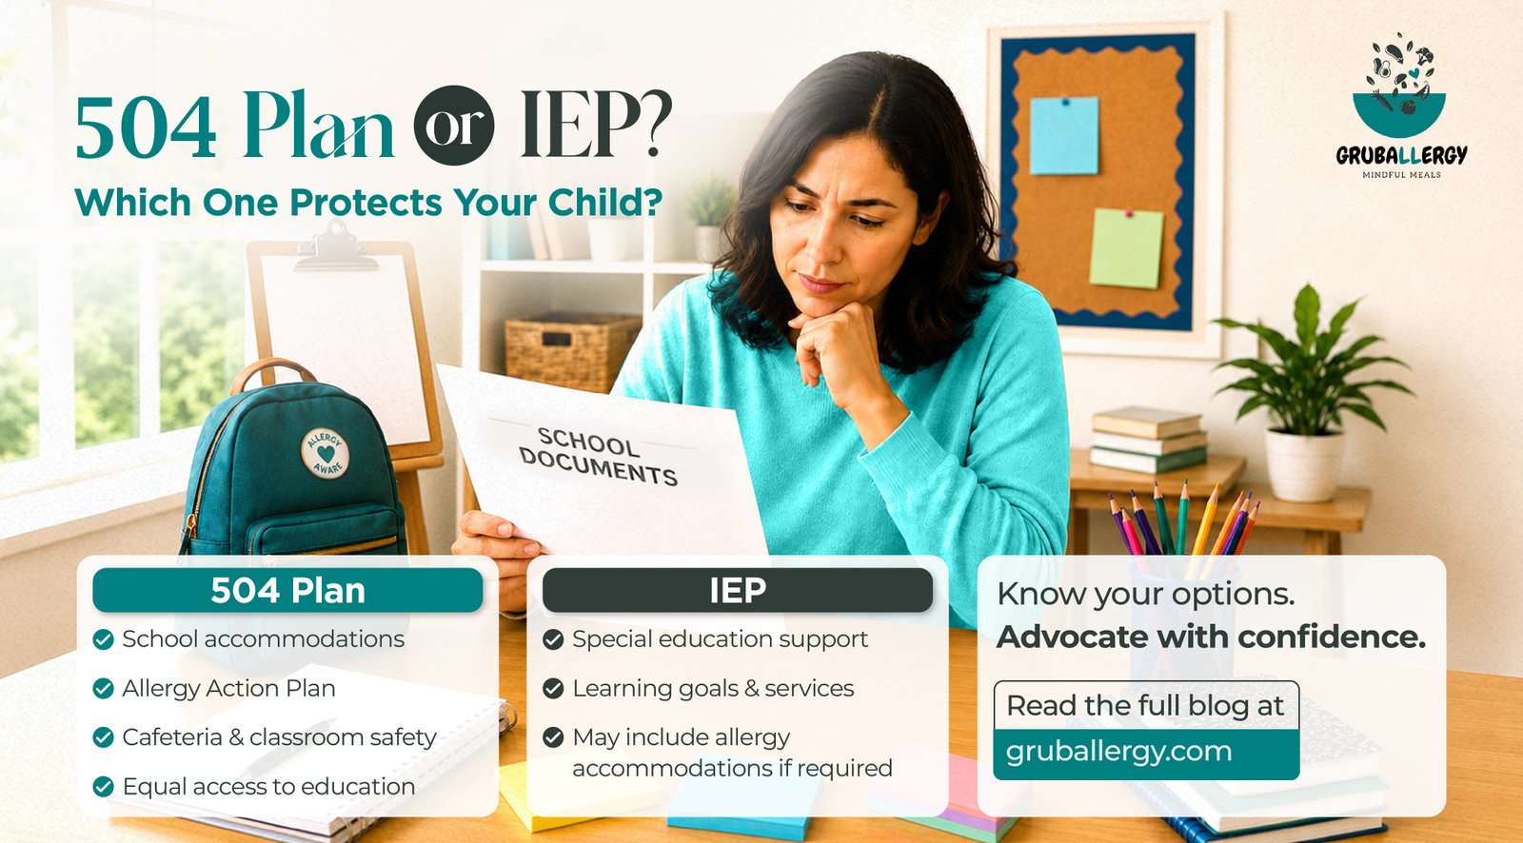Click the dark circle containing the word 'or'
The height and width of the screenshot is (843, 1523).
coord(454,125)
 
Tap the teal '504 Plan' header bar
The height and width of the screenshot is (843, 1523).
coord(287,590)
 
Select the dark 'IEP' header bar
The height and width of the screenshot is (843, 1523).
coord(738,590)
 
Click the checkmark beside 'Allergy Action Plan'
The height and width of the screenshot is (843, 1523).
coord(104,689)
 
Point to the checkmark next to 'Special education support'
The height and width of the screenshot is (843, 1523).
coord(553,639)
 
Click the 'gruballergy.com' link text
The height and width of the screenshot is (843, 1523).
coord(1119,752)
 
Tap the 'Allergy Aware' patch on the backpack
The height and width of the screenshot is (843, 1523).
coord(325,453)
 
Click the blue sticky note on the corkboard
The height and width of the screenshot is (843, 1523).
coord(1064,135)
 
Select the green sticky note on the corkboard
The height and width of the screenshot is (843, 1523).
coord(1127,248)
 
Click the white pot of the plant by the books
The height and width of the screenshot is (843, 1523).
coord(1304,465)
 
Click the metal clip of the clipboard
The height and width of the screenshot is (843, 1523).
coord(336,246)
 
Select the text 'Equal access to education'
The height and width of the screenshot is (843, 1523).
coord(268,787)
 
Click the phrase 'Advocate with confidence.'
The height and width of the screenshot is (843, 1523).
coord(1211,637)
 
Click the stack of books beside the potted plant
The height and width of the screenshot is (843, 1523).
coord(1149,440)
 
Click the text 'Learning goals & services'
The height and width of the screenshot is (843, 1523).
coord(713,689)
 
